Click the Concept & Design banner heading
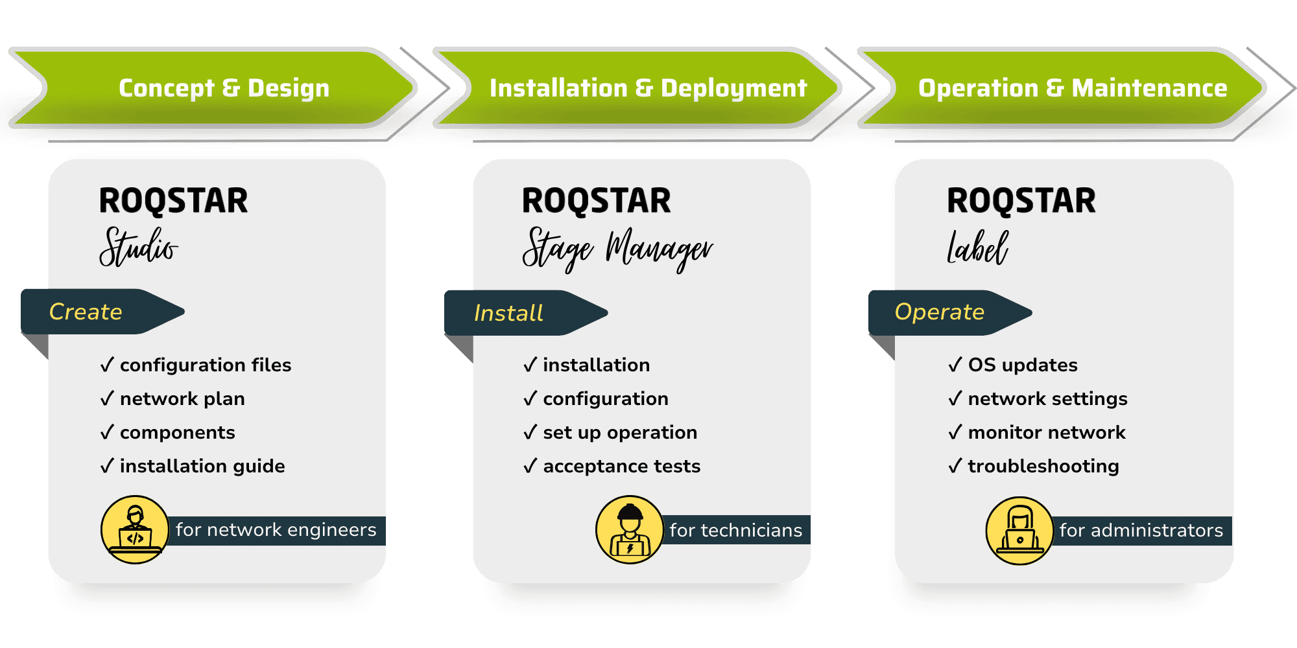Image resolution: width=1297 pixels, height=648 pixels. tap(224, 88)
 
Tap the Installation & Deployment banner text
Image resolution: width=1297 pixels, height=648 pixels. tap(648, 88)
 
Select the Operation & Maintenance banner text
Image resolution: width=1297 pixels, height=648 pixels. tap(1072, 88)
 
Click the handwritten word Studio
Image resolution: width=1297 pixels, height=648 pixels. tap(139, 247)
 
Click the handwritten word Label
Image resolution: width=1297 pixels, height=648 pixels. tap(977, 248)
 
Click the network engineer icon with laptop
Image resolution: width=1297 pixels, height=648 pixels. tap(135, 529)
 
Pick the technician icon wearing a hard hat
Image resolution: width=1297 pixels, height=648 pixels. tap(630, 529)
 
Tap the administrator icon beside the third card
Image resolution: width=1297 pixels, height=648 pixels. tap(1019, 531)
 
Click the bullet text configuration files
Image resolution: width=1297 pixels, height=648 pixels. tap(206, 365)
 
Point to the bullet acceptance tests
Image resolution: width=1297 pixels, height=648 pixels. tap(621, 466)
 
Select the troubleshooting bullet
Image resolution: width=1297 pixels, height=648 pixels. tap(1043, 466)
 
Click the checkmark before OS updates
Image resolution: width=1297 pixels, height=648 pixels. tap(955, 365)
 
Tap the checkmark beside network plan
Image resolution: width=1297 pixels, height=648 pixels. tap(107, 399)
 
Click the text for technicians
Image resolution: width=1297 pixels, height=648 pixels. tap(736, 530)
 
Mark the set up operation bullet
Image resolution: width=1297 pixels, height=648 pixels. tap(620, 432)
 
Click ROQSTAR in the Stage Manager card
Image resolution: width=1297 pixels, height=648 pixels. tap(597, 201)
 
